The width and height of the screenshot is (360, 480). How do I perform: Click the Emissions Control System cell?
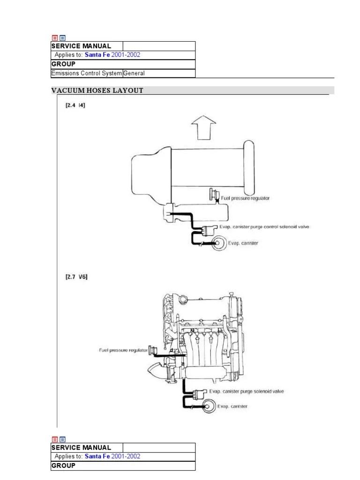pos(87,73)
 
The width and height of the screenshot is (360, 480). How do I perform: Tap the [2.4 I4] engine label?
pos(75,105)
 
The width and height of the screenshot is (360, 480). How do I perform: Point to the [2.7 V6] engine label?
pos(76,277)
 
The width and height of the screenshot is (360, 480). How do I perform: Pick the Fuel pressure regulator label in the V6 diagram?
pos(122,350)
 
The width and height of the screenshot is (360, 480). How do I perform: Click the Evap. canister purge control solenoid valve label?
pos(264,227)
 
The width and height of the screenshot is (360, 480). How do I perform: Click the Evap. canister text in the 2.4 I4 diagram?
pos(243,243)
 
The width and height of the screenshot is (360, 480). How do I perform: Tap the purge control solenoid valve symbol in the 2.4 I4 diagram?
pos(209,229)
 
